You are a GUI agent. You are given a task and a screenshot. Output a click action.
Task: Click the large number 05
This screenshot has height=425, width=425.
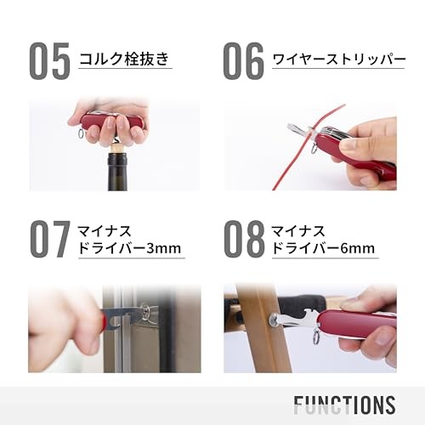pyautogui.click(x=49, y=60)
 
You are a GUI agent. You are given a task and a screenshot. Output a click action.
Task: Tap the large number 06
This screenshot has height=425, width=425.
pyautogui.click(x=243, y=60)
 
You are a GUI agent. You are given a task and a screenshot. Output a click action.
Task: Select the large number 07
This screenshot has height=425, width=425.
pyautogui.click(x=50, y=239)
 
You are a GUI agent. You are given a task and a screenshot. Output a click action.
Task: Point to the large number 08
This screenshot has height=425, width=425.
pyautogui.click(x=244, y=239)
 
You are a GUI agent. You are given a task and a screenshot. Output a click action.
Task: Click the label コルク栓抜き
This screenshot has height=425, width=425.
pyautogui.click(x=124, y=59)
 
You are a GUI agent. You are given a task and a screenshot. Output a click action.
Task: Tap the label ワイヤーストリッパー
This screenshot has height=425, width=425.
pyautogui.click(x=339, y=59)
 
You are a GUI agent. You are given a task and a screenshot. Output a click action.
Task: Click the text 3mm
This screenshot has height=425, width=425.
pyautogui.click(x=163, y=248)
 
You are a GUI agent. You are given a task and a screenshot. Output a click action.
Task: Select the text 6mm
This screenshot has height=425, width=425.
pyautogui.click(x=358, y=248)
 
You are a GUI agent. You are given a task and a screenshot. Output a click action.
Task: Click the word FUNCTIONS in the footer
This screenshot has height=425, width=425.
pyautogui.click(x=344, y=405)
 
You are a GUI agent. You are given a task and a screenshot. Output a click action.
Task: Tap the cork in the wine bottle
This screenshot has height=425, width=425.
pyautogui.click(x=117, y=148)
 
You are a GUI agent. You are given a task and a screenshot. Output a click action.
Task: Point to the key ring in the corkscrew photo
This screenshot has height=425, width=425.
pyautogui.click(x=81, y=133)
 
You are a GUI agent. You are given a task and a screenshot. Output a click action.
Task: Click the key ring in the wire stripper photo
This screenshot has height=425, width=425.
pyautogui.click(x=314, y=149)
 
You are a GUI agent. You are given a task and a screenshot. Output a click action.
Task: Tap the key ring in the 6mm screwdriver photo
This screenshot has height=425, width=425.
pyautogui.click(x=316, y=337)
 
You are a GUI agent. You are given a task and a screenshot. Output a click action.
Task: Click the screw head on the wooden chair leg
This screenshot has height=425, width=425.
pyautogui.click(x=274, y=320)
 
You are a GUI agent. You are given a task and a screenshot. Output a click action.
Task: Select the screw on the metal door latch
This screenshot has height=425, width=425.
pyautogui.click(x=145, y=311)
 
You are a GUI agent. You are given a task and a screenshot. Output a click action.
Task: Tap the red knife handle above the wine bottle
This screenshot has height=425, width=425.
pyautogui.click(x=113, y=122)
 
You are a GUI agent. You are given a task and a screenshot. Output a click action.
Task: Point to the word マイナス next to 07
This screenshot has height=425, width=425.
pyautogui.click(x=105, y=231)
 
